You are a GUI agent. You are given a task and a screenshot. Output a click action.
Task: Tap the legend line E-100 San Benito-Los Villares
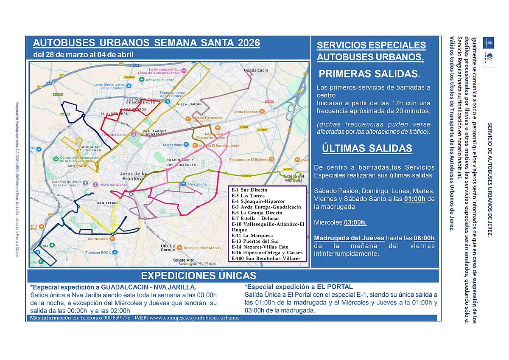pyautogui.click(x=266, y=258)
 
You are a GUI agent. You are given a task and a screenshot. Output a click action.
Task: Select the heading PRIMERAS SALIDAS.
pyautogui.click(x=369, y=74)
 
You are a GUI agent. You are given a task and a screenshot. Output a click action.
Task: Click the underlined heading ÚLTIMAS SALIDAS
pyautogui.click(x=367, y=148)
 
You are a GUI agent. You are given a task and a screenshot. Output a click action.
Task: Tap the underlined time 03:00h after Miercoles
pyautogui.click(x=355, y=222)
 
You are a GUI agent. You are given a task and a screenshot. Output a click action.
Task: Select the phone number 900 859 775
pyautogui.click(x=117, y=318)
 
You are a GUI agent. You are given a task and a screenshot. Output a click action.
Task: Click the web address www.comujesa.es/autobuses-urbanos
pyautogui.click(x=194, y=318)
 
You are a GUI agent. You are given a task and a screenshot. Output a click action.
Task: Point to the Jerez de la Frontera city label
pyautogui.click(x=134, y=176)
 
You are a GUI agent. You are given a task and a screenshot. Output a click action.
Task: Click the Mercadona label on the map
pyautogui.click(x=197, y=184)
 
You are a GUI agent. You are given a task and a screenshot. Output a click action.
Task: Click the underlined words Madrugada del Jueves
pyautogui.click(x=349, y=238)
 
